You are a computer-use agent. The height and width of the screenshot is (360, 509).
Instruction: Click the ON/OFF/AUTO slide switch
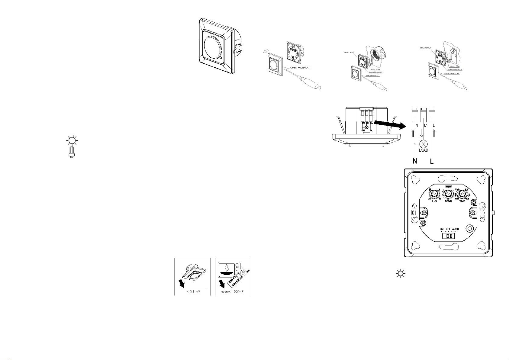[449, 235]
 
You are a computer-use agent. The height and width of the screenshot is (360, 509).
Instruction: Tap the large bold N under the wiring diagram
[415, 161]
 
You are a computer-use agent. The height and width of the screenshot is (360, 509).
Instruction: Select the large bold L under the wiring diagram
[432, 161]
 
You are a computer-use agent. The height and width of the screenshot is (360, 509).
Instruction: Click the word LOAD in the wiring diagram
[424, 150]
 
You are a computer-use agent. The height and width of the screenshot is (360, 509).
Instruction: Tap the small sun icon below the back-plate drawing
[400, 274]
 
